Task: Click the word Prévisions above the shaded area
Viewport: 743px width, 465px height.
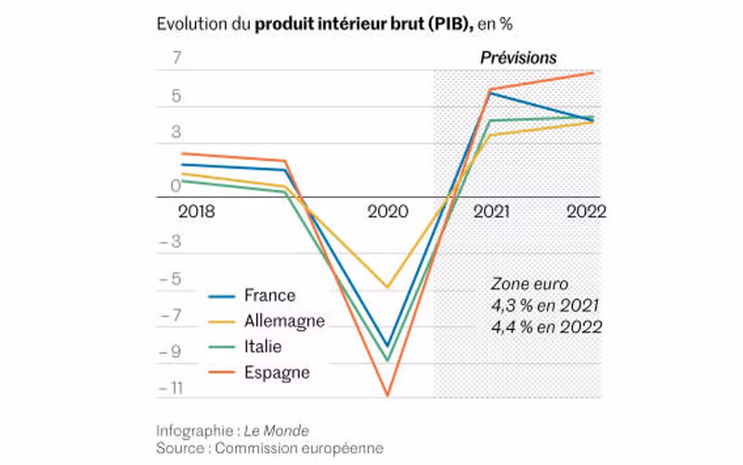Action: pyautogui.click(x=518, y=58)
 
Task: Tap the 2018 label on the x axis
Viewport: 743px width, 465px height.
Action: pyautogui.click(x=196, y=212)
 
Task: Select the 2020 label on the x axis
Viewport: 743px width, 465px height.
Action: pyautogui.click(x=387, y=212)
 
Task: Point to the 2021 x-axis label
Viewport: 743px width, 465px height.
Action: pyautogui.click(x=490, y=212)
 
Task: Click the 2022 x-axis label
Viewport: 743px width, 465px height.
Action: pyautogui.click(x=586, y=212)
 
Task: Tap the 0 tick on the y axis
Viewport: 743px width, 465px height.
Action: pyautogui.click(x=176, y=186)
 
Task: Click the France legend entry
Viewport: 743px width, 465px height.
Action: pyautogui.click(x=269, y=296)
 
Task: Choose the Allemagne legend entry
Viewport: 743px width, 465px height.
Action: pyautogui.click(x=284, y=321)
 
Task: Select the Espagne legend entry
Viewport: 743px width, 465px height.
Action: pyautogui.click(x=277, y=372)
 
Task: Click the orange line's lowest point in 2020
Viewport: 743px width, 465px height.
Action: pyautogui.click(x=387, y=396)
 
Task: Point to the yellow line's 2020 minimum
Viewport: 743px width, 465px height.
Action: pyautogui.click(x=387, y=287)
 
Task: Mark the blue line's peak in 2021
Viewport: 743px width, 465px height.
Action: pyautogui.click(x=490, y=92)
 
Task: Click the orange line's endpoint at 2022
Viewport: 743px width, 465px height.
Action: pyautogui.click(x=593, y=73)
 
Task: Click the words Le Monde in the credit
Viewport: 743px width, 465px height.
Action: pyautogui.click(x=276, y=431)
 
